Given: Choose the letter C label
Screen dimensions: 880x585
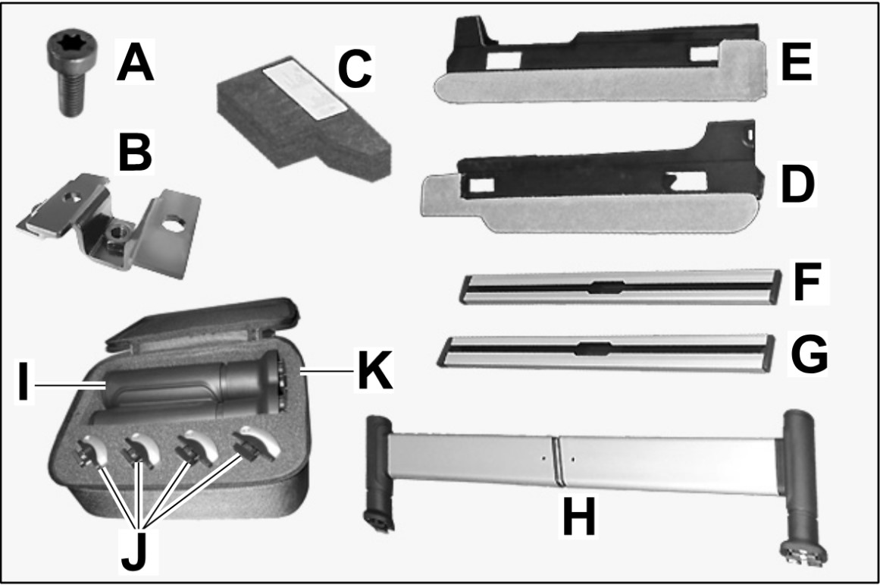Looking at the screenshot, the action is click(355, 68).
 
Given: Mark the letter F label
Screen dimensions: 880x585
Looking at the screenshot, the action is click(806, 283).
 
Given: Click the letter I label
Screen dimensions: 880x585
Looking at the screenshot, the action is click(23, 382).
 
